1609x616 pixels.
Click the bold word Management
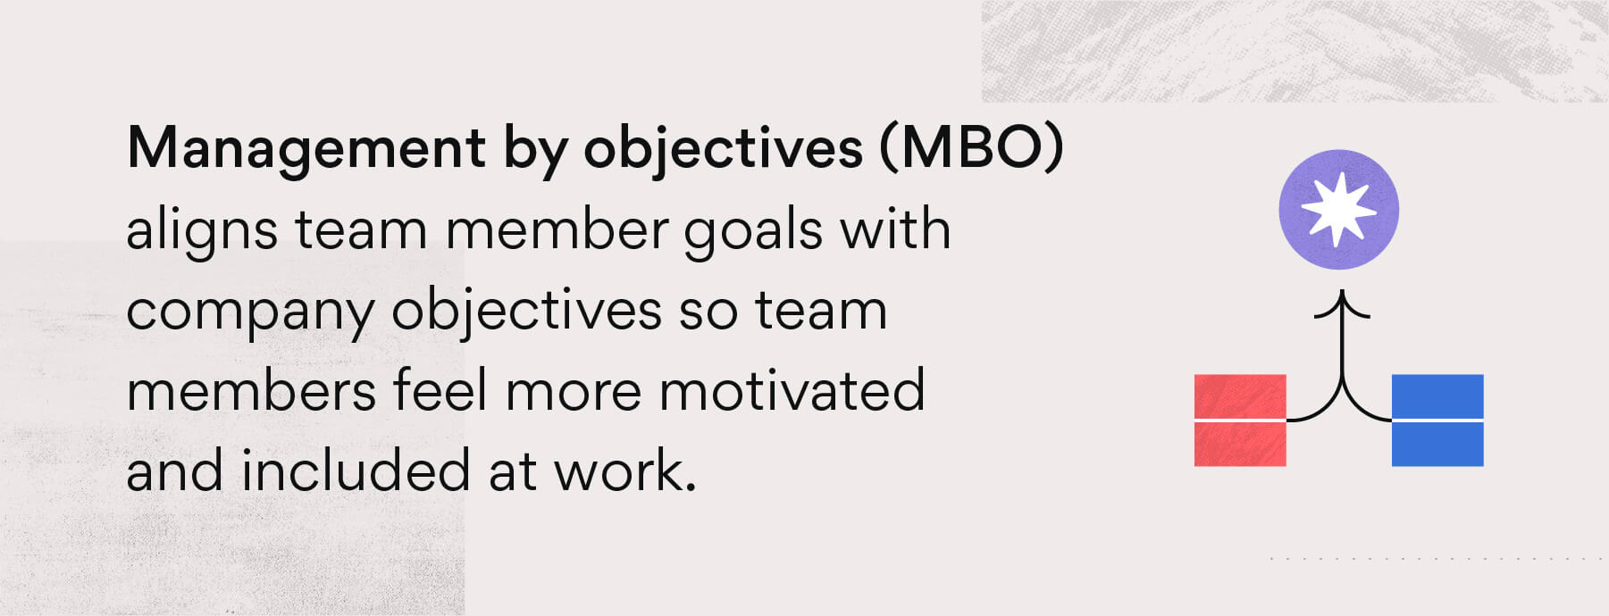tap(306, 148)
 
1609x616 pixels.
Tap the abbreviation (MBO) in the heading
tap(972, 148)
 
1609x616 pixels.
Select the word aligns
tap(202, 230)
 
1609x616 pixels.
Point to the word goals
tap(753, 230)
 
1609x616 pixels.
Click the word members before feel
tap(251, 392)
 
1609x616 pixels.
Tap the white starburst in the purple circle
tap(1338, 210)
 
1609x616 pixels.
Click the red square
tap(1240, 397)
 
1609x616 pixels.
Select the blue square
tap(1437, 397)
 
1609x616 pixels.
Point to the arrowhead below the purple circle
tap(1341, 304)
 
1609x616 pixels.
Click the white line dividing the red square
tap(1240, 420)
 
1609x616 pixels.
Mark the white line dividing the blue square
tap(1437, 420)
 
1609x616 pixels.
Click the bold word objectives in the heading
tap(723, 148)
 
